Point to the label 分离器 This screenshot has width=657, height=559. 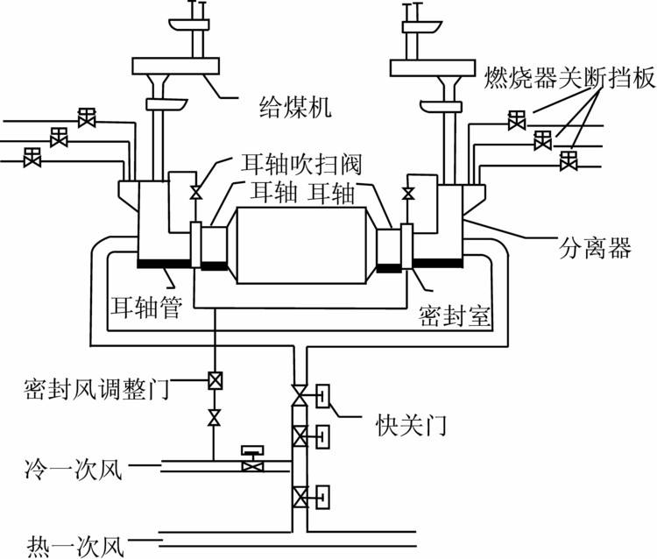click(596, 249)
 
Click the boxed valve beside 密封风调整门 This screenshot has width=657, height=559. click(214, 381)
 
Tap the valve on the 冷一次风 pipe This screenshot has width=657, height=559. click(252, 461)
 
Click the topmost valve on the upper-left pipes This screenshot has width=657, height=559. click(86, 117)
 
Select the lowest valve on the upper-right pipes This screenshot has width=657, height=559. click(569, 160)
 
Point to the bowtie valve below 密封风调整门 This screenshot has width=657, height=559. click(214, 416)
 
